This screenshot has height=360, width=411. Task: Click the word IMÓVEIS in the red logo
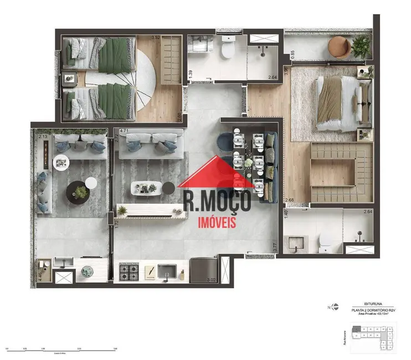217,222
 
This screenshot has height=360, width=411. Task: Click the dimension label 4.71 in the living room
124,132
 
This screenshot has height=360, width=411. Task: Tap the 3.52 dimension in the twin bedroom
140,38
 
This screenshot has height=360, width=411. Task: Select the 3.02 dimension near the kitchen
211,280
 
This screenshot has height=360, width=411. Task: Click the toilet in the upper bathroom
227,49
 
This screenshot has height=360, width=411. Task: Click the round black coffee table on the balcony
78,192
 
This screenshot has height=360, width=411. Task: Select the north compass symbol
329,306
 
